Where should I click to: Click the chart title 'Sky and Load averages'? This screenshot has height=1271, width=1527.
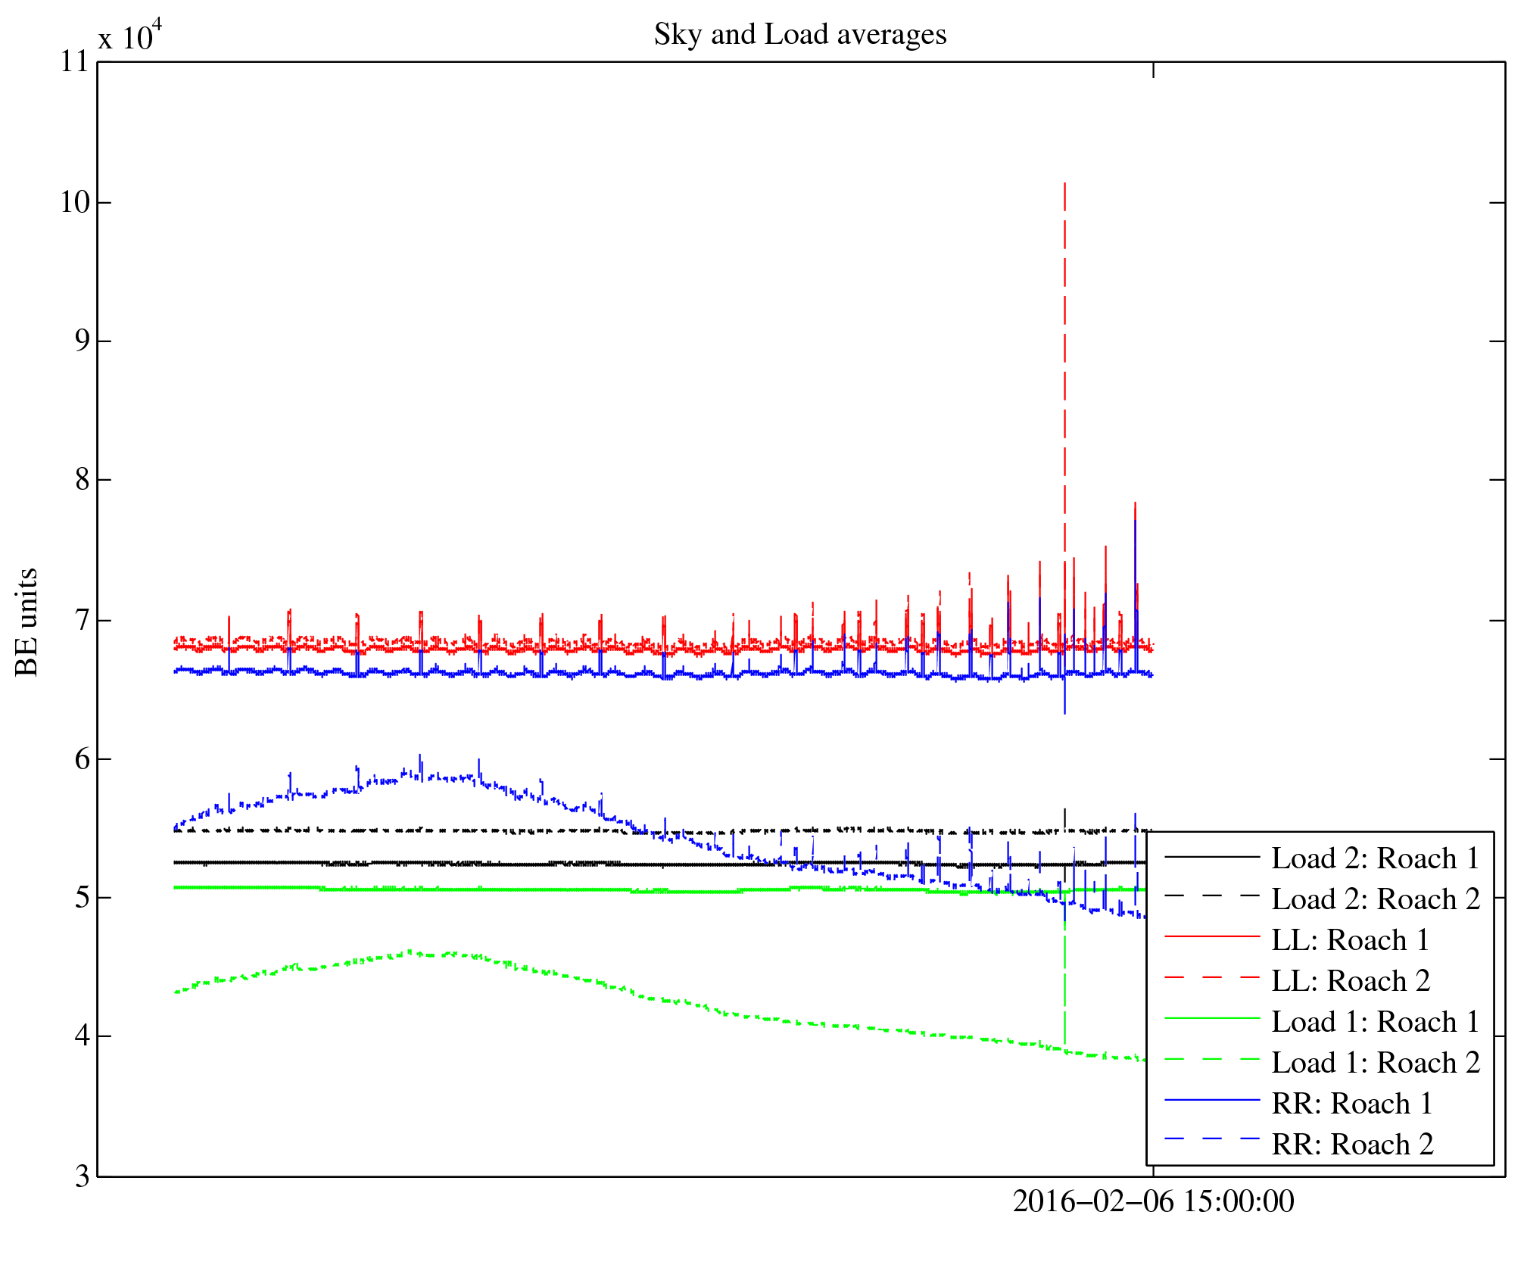point(799,35)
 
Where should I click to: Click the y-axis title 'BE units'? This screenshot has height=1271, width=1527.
point(27,621)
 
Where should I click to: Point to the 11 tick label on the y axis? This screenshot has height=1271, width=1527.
point(75,62)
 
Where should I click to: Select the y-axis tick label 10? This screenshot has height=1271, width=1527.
point(75,202)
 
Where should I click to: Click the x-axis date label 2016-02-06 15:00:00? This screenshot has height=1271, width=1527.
point(1153,1202)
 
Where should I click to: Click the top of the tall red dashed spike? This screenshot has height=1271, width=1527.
point(1064,183)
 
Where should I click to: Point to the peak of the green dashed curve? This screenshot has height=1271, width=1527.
point(410,951)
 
